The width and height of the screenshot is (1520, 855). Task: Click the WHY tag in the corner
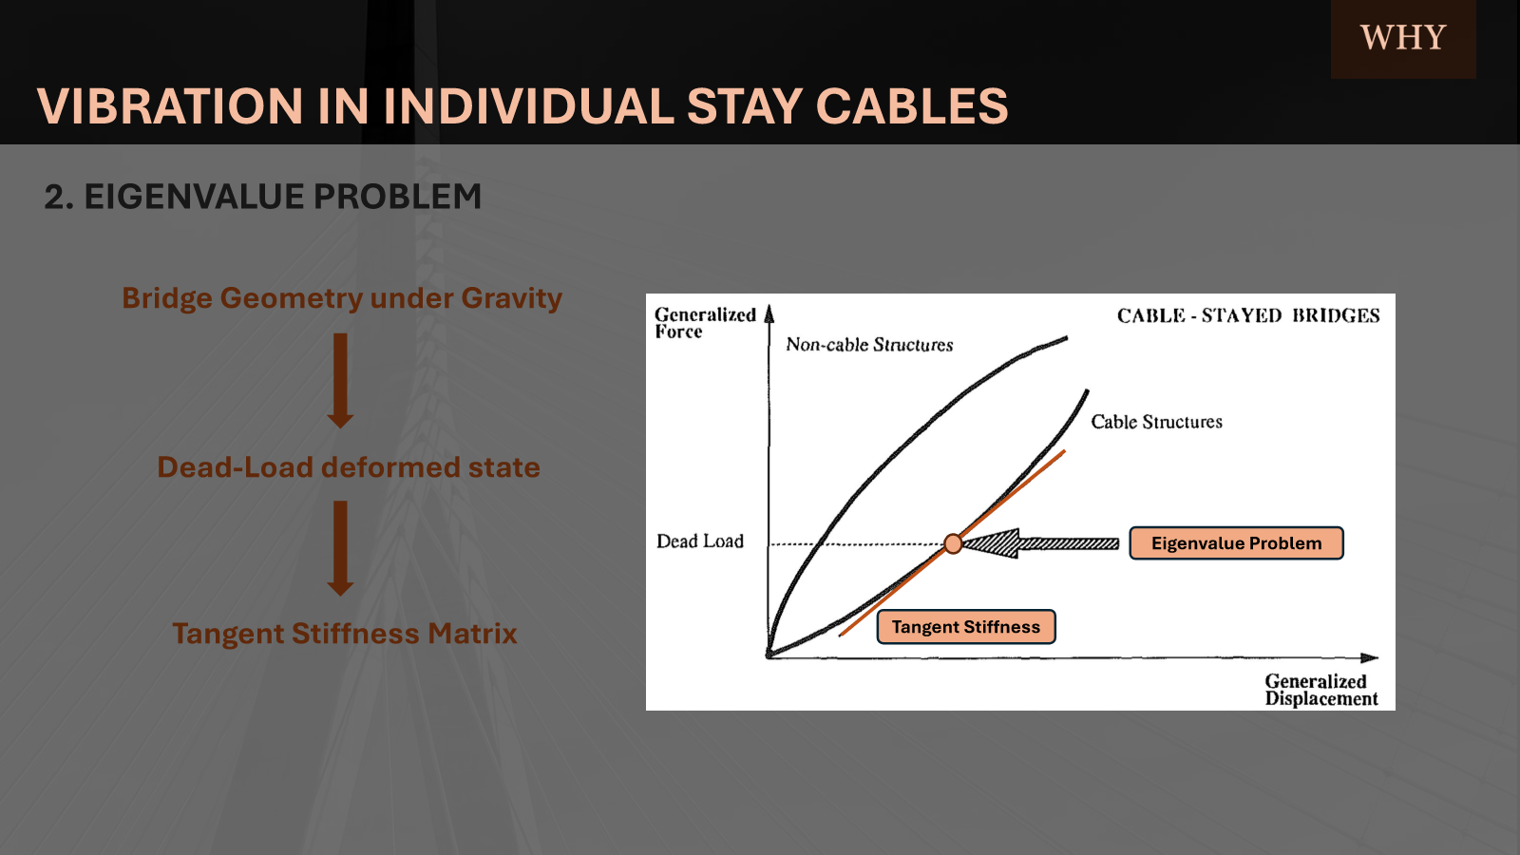[x=1402, y=38]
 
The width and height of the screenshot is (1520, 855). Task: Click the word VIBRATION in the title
[x=170, y=106]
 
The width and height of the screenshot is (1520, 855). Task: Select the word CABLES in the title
[x=911, y=106]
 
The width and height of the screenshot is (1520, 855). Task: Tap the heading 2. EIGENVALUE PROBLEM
[x=262, y=197]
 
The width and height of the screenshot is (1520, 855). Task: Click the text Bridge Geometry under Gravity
[x=342, y=298]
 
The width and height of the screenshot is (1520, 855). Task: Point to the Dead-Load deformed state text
[x=349, y=466]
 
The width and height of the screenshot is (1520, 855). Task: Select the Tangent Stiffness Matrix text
[x=345, y=633]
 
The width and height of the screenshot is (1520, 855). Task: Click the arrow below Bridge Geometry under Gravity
[x=340, y=380]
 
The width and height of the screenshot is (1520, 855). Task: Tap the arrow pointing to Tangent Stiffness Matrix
[x=340, y=548]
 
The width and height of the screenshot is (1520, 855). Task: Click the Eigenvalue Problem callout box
[x=1236, y=542]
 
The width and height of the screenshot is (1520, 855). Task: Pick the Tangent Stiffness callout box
[x=966, y=626]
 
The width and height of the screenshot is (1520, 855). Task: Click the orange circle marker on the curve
[x=953, y=543]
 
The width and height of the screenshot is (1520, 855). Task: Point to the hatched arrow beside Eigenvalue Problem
[x=1041, y=543]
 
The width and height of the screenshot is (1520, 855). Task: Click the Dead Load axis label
[x=699, y=541]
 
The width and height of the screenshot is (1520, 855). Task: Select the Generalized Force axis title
[x=705, y=323]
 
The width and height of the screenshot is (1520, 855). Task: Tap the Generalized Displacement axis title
[x=1321, y=690]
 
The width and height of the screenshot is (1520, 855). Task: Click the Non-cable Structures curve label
[x=869, y=345]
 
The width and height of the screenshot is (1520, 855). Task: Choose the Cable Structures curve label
[x=1156, y=422]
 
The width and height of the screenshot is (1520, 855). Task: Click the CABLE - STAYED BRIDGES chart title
[x=1248, y=315]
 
